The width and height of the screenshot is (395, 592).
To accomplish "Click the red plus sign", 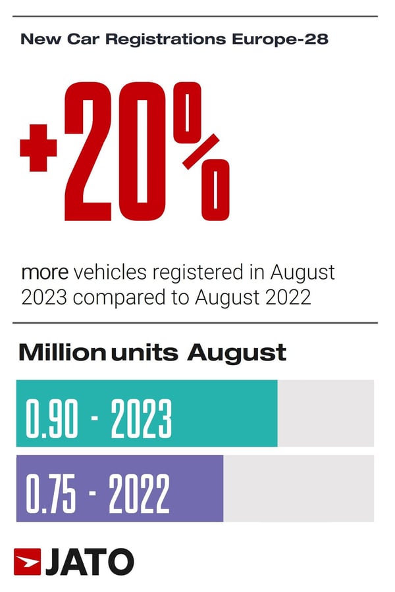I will coord(38,147).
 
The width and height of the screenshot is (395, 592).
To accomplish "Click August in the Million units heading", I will coord(236,353).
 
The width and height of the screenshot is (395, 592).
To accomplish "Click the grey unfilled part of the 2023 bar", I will coord(325,413).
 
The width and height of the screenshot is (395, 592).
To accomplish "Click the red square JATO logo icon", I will coord(27,562).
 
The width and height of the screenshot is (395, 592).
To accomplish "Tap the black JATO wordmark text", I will coord(90,562).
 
